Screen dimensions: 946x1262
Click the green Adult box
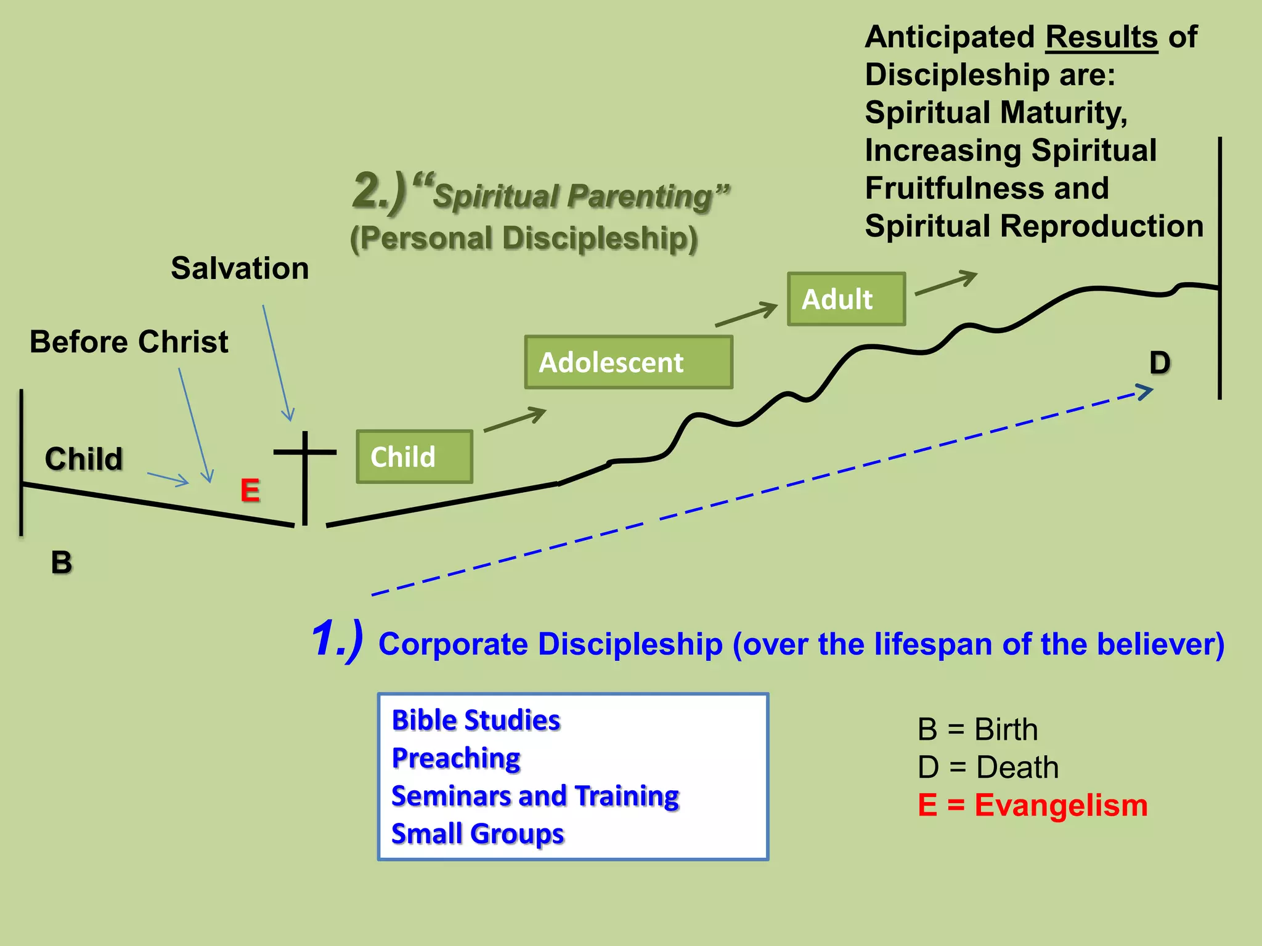click(846, 299)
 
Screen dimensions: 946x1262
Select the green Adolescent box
click(629, 362)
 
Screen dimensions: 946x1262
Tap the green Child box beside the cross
click(414, 456)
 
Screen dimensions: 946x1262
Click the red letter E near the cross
click(250, 491)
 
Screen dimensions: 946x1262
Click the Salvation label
click(240, 269)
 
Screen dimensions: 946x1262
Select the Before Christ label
click(129, 342)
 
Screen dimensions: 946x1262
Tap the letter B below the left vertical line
click(62, 562)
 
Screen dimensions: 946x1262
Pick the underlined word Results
click(1102, 38)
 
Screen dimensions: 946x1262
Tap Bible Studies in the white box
click(476, 720)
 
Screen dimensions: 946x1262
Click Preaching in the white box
click(456, 758)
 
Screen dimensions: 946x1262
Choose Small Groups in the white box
click(478, 834)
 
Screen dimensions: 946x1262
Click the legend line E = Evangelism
click(1033, 806)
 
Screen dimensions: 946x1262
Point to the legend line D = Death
click(988, 767)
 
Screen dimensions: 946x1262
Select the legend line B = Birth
click(977, 730)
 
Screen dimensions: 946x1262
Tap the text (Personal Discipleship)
click(524, 238)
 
